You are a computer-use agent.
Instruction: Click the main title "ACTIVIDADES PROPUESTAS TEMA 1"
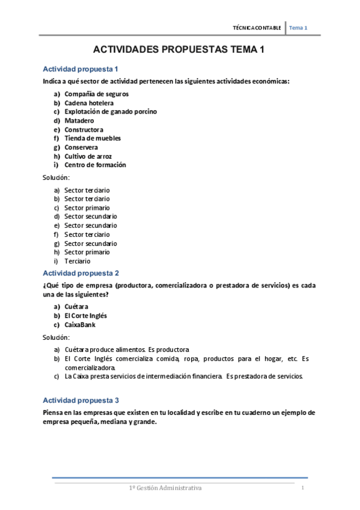pyautogui.click(x=180, y=51)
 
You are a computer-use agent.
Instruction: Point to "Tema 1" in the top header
pyautogui.click(x=298, y=28)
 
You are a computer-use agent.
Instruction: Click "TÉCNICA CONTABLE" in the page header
pyautogui.click(x=257, y=28)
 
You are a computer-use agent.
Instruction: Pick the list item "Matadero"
pyautogui.click(x=79, y=120)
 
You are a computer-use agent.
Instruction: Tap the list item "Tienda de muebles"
pyautogui.click(x=93, y=138)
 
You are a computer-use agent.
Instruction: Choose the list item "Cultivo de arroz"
pyautogui.click(x=88, y=156)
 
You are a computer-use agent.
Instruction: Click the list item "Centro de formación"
pyautogui.click(x=95, y=165)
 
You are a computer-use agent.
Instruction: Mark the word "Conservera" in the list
pyautogui.click(x=81, y=147)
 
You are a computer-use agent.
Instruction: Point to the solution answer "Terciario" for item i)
pyautogui.click(x=77, y=262)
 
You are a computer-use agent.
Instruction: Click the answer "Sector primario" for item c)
pyautogui.click(x=87, y=207)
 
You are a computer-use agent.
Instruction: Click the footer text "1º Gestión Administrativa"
pyautogui.click(x=167, y=488)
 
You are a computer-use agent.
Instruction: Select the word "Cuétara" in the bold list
pyautogui.click(x=76, y=307)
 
